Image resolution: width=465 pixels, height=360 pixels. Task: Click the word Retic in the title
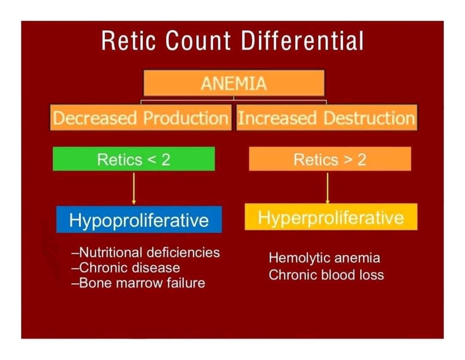[x=127, y=42]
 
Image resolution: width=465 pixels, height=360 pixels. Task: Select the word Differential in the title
[x=302, y=42]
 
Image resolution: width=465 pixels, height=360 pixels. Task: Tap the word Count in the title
[x=198, y=42]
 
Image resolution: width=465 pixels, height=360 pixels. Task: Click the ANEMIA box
[x=233, y=83]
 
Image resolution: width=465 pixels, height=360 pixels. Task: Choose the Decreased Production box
[x=140, y=118]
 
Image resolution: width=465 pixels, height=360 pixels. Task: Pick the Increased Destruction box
[x=326, y=118]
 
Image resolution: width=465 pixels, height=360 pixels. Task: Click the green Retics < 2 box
[x=133, y=159]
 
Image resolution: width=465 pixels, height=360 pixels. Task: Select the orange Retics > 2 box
[x=330, y=159]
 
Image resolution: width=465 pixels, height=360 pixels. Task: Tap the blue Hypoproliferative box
[x=139, y=220]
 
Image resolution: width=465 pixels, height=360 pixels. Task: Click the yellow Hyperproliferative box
[x=331, y=217]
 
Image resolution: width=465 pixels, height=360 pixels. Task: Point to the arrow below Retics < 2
[x=133, y=188]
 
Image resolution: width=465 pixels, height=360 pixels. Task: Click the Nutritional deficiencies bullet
[x=146, y=252]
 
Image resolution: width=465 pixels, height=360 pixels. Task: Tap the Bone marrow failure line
[x=138, y=283]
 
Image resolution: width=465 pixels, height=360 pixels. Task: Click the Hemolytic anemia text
[x=324, y=258]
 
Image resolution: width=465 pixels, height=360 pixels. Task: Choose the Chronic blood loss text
[x=326, y=274]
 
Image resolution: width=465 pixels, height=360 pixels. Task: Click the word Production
[x=185, y=118]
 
